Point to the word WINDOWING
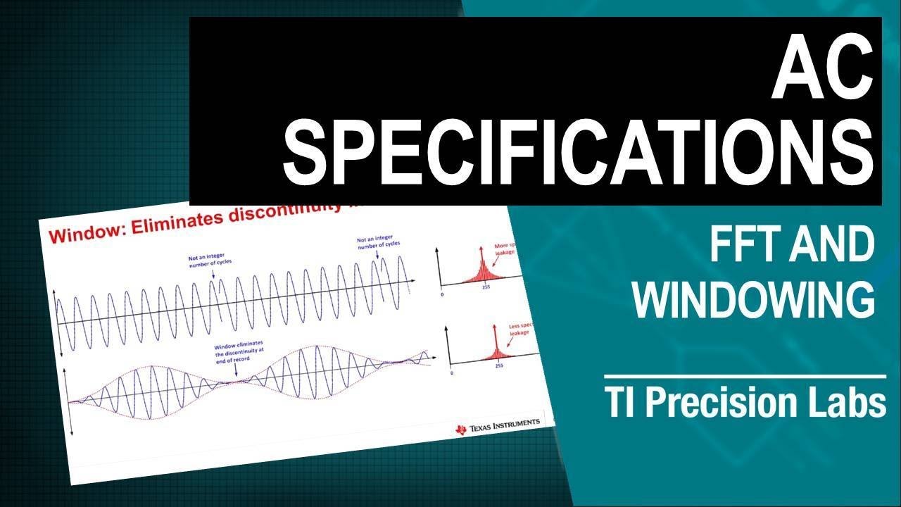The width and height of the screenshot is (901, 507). coord(753,299)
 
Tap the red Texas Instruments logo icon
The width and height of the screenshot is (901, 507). coord(461,429)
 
